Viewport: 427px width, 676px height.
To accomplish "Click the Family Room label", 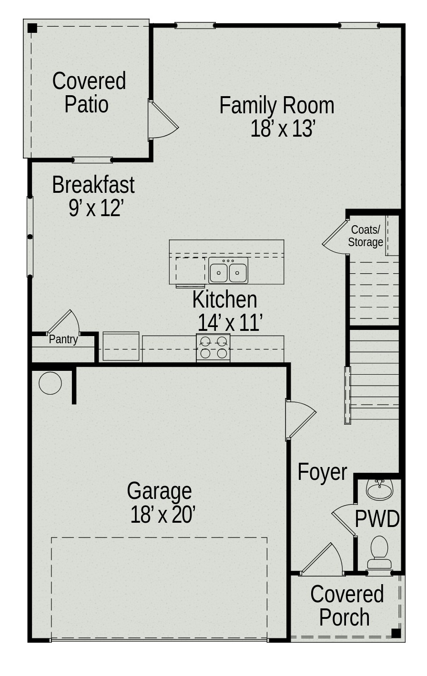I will pyautogui.click(x=276, y=105).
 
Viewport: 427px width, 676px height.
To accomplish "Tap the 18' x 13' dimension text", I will pyautogui.click(x=283, y=129).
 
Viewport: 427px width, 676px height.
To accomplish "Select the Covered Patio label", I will pyautogui.click(x=88, y=92).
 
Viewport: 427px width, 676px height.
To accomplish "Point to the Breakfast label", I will pyautogui.click(x=93, y=185).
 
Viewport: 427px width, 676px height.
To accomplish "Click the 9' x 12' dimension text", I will pyautogui.click(x=96, y=208).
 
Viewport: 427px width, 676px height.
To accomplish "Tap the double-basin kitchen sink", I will pyautogui.click(x=228, y=271).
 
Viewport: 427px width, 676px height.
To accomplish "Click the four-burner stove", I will pyautogui.click(x=213, y=348).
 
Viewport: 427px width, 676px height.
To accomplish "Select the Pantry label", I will pyautogui.click(x=63, y=339).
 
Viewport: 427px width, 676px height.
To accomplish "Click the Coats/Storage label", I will pyautogui.click(x=366, y=236).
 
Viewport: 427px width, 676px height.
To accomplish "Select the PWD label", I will pyautogui.click(x=377, y=519).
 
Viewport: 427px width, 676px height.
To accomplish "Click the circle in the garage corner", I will pyautogui.click(x=50, y=383).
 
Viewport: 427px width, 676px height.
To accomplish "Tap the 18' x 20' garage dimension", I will pyautogui.click(x=163, y=515).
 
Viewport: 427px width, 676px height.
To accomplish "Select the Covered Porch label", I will pyautogui.click(x=346, y=606).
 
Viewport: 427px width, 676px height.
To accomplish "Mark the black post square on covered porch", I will pyautogui.click(x=396, y=633).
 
